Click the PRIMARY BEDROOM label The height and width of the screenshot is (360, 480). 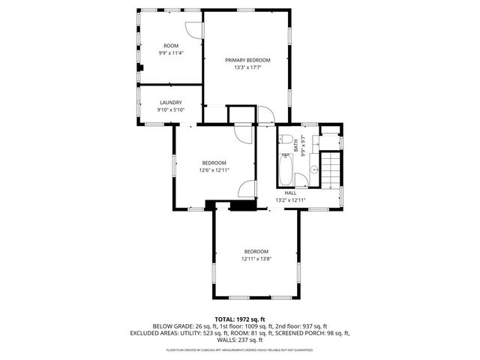pos(247,60)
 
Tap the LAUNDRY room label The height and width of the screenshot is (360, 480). pos(170,102)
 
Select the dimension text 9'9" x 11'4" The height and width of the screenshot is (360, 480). pos(170,53)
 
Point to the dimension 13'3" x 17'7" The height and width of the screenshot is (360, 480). pos(247,67)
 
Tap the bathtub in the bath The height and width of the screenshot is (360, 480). pos(286,169)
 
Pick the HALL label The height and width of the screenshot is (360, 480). pos(290,193)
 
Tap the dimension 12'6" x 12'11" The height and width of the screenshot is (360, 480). pos(214,170)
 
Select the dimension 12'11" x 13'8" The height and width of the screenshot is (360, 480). pos(256,259)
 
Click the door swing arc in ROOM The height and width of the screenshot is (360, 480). pos(193,28)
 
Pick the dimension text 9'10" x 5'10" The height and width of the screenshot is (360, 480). pos(170,109)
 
